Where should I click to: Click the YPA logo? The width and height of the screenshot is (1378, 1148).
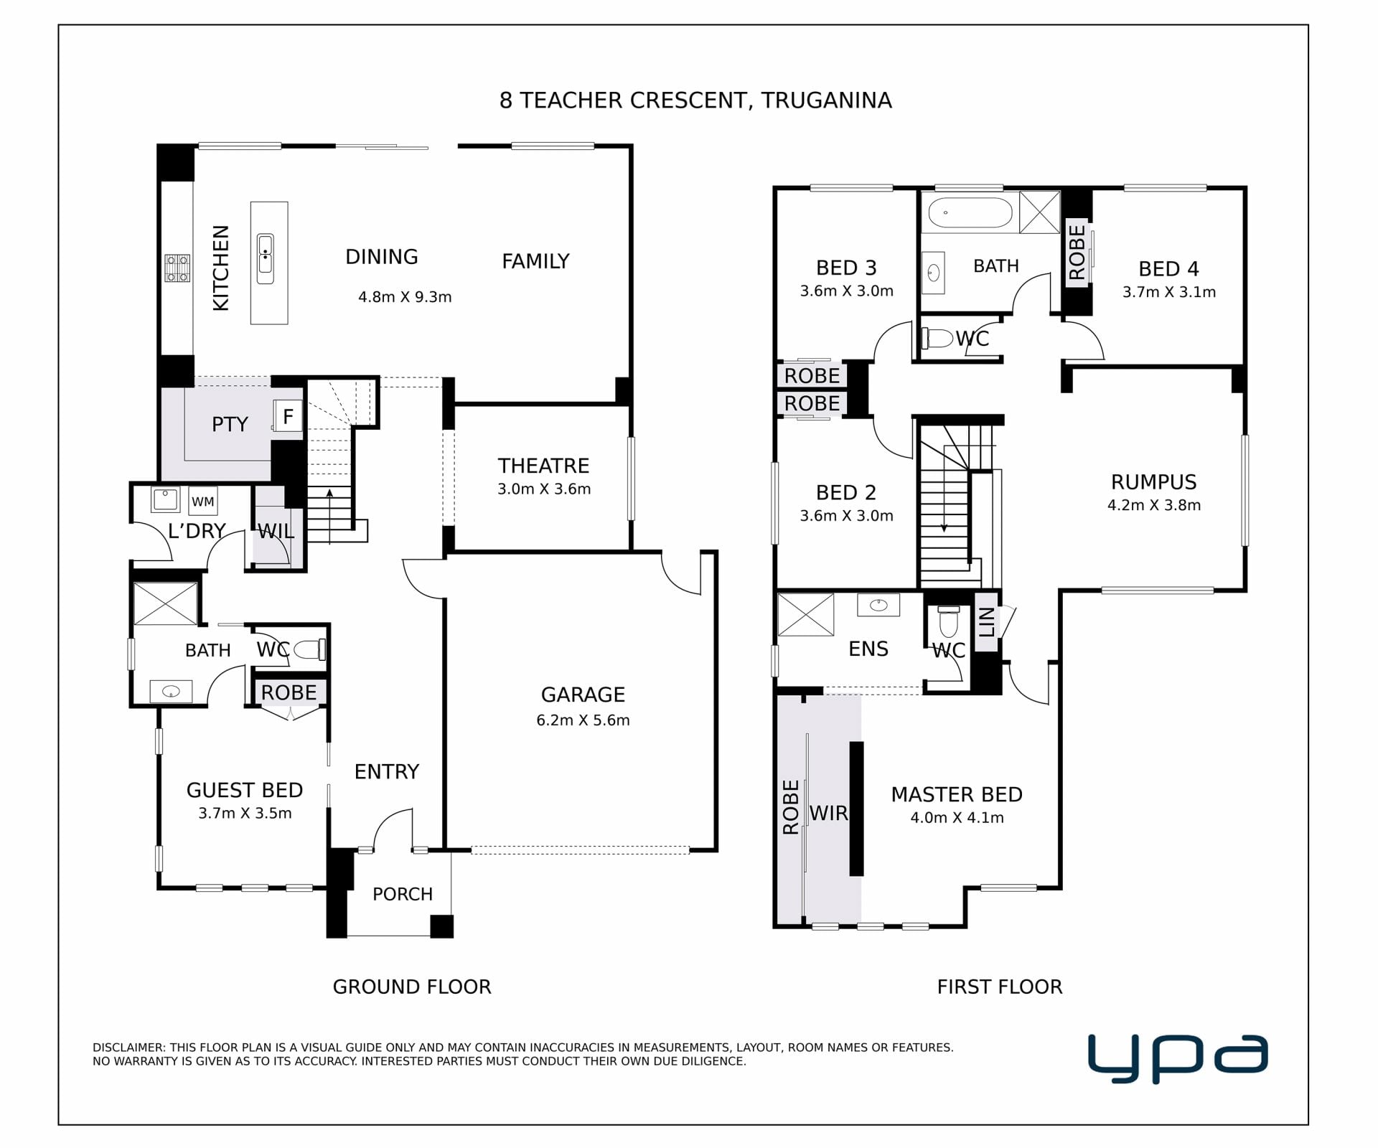point(1178,1058)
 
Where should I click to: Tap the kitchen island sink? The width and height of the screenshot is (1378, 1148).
point(266,259)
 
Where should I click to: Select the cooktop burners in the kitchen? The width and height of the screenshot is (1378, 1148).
point(177,268)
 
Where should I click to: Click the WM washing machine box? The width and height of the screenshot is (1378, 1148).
point(203,501)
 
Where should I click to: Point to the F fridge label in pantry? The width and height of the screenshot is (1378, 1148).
point(289,416)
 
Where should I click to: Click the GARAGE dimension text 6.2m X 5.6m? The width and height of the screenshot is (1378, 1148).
point(583,720)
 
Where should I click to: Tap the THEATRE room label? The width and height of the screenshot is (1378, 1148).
point(544,466)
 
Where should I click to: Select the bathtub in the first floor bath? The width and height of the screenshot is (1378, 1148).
point(970,213)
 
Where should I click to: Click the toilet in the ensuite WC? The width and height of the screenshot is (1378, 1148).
point(949,621)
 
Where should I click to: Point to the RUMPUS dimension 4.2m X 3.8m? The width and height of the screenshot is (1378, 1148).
point(1154,505)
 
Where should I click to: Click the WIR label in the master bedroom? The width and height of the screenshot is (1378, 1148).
point(829,813)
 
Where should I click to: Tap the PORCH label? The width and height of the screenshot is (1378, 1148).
point(403,894)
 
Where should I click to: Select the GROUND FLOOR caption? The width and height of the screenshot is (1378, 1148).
point(412,987)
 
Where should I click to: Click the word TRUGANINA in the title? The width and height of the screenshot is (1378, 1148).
point(827,100)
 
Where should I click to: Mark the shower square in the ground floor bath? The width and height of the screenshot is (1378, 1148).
point(166,603)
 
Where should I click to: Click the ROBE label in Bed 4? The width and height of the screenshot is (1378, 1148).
point(1077,252)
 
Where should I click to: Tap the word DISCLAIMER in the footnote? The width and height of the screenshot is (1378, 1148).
point(129,1048)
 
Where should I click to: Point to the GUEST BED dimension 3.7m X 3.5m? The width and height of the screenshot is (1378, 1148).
point(245,814)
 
